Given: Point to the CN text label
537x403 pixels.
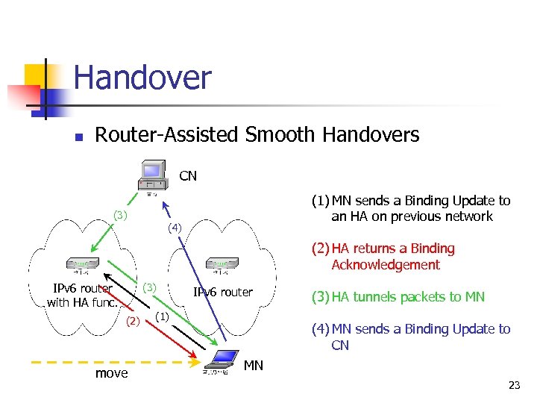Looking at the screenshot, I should coord(188,176).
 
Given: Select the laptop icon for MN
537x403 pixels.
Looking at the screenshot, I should coord(222,363).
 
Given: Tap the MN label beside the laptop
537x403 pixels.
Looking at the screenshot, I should coord(254,365).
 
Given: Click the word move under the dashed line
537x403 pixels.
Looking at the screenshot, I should coord(111,373).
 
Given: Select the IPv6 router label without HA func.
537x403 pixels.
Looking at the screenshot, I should coord(222,292).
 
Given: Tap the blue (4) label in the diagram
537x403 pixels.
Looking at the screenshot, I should coord(174,227).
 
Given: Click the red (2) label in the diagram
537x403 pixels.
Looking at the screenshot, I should coord(132,322).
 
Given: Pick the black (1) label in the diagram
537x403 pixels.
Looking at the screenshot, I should coord(163,316).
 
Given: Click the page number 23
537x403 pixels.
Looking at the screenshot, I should coord(513,386).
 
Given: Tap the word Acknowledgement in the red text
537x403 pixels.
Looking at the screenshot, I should coord(385,265).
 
